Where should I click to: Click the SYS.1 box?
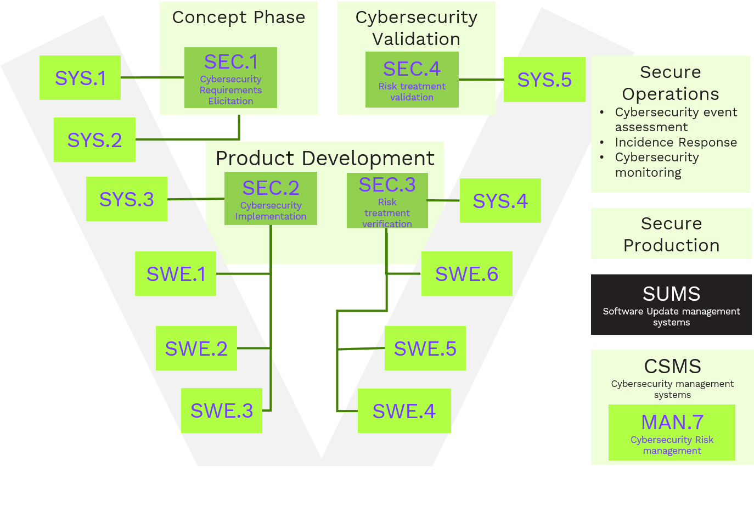[x=80, y=77]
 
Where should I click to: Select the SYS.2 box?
[x=94, y=139]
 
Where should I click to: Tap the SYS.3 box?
[x=127, y=199]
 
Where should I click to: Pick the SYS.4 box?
[x=500, y=200]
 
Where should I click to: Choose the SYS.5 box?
[x=544, y=80]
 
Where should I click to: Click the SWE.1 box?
[x=176, y=273]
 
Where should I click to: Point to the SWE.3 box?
[x=222, y=411]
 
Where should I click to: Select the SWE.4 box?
[x=404, y=411]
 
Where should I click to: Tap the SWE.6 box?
[x=466, y=273]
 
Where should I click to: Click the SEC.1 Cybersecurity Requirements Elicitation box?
[x=230, y=78]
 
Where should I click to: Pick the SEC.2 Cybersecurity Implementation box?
[x=271, y=199]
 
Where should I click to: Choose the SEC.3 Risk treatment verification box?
[x=387, y=200]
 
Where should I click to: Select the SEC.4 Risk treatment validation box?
[x=412, y=80]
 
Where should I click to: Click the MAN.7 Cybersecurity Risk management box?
[x=672, y=432]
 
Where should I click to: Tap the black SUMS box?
[x=671, y=305]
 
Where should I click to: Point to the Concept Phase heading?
[x=239, y=18]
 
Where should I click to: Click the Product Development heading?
[x=325, y=158]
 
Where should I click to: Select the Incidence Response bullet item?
[x=676, y=142]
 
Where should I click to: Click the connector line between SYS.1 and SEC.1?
[x=152, y=77]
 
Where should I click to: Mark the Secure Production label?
[x=671, y=234]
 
